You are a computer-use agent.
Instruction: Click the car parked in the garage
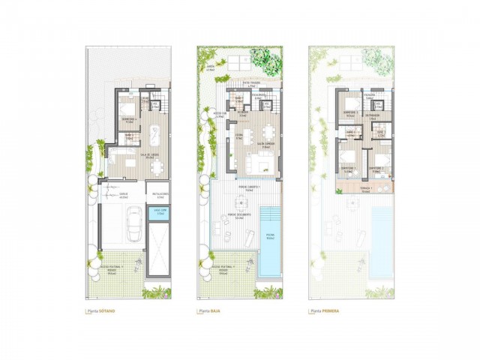tap(134, 223)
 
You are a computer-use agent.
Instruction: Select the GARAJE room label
tap(123, 193)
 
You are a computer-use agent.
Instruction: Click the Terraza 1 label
tap(365, 189)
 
